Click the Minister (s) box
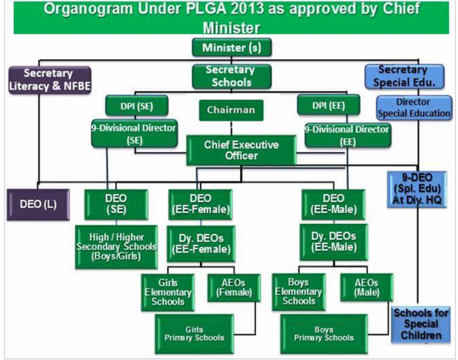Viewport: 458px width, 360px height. (232, 47)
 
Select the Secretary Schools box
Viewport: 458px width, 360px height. (232, 76)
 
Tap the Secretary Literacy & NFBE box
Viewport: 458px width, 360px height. (49, 80)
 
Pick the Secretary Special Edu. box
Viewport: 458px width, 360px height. (404, 76)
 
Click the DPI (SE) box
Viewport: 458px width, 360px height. (137, 106)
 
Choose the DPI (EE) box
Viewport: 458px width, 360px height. (328, 105)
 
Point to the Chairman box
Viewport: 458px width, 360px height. (231, 110)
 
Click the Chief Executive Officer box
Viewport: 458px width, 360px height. (241, 150)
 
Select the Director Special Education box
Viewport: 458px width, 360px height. (414, 108)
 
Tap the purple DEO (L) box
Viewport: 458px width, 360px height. (38, 204)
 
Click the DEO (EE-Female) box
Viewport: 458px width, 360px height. (200, 204)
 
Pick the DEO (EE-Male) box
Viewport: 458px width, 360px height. (333, 204)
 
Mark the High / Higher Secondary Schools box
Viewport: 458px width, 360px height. (116, 247)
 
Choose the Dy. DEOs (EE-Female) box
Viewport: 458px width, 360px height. (201, 244)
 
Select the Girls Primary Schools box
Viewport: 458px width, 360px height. (194, 334)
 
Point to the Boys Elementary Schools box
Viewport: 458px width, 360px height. (299, 292)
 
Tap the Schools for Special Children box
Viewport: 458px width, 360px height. (421, 324)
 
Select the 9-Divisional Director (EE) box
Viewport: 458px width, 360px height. (347, 135)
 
